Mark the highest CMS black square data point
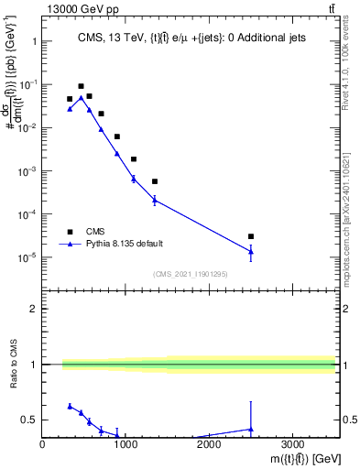click(x=81, y=86)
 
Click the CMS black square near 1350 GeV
click(x=155, y=181)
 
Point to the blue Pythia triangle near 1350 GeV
click(x=155, y=199)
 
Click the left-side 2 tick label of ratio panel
click(x=34, y=309)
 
